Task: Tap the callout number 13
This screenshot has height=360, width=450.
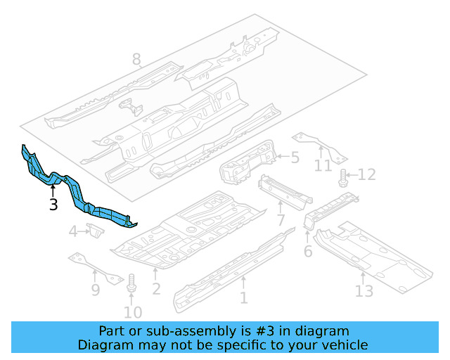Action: pyautogui.click(x=364, y=290)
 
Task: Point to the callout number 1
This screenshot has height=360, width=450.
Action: pyautogui.click(x=243, y=298)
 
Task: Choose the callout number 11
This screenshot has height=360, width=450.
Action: pyautogui.click(x=323, y=166)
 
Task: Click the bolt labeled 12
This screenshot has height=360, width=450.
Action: pyautogui.click(x=343, y=178)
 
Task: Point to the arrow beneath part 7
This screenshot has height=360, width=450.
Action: pyautogui.click(x=281, y=208)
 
